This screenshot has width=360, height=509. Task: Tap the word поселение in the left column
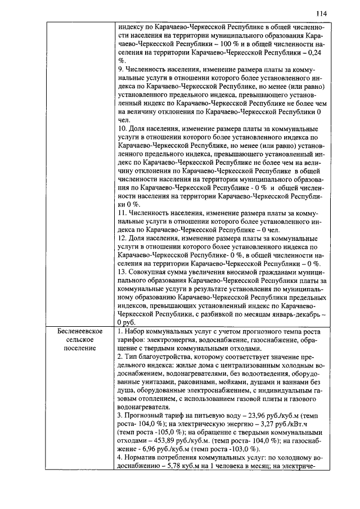click(x=79, y=349)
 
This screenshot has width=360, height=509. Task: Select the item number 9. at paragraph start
click(x=121, y=71)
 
